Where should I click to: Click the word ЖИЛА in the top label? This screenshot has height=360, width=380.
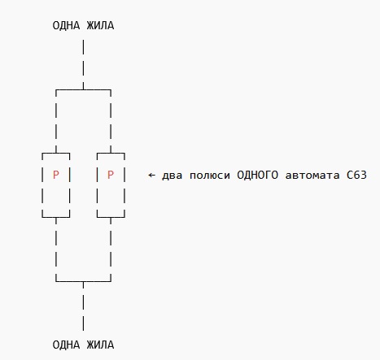tap(100, 26)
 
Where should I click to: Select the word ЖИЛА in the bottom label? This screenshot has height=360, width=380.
tap(100, 345)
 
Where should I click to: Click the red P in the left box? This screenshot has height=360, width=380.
tap(56, 175)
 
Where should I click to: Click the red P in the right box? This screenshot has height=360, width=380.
tap(111, 175)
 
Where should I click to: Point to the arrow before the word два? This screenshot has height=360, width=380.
tap(151, 176)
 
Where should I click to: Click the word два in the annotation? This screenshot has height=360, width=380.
tap(172, 176)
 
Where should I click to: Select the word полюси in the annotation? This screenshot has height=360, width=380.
tap(210, 176)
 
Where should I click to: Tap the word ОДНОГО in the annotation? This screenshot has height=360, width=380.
tap(258, 176)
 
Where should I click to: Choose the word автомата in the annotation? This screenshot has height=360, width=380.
tap(312, 176)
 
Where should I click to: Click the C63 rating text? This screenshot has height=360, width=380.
tap(356, 176)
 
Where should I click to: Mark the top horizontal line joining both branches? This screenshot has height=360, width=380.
tap(83, 89)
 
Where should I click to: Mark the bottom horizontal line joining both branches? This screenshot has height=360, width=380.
tap(83, 281)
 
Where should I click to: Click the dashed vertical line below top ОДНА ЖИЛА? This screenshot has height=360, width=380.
tap(83, 64)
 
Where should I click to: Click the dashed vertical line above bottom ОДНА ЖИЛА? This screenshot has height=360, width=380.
tap(83, 306)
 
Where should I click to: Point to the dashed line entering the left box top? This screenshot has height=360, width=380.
tap(56, 121)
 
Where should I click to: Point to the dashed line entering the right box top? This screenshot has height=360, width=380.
tap(111, 121)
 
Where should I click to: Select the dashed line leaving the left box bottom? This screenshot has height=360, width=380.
tap(56, 249)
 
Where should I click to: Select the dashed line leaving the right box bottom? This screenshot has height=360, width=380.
tap(111, 249)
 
